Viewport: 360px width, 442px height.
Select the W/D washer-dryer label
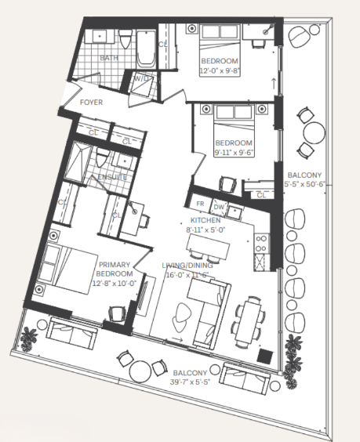pos(143,79)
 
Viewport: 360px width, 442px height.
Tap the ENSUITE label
pos(112,179)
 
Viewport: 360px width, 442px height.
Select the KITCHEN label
pos(204,222)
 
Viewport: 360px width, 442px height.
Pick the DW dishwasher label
pos(220,207)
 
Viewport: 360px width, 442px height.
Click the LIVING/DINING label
pos(189,266)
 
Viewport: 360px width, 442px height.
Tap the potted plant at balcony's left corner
pos(30,338)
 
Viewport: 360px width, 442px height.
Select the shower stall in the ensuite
pos(78,164)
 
